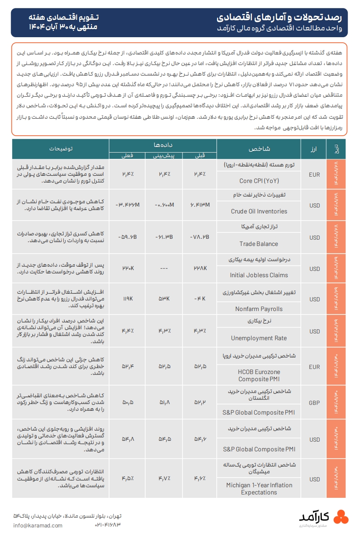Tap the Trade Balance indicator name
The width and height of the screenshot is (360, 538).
click(259, 244)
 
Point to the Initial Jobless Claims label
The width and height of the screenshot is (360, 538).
click(259, 275)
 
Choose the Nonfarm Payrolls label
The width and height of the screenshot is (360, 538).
click(259, 309)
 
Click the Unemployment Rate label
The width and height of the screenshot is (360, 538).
click(259, 338)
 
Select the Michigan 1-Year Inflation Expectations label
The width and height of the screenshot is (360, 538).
click(259, 489)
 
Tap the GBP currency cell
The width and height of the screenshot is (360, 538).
click(314, 402)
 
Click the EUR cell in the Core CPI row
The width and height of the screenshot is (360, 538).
click(314, 174)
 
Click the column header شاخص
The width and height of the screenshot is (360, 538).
click(259, 149)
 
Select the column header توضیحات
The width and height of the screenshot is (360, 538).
click(60, 149)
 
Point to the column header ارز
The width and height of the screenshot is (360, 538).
click(314, 149)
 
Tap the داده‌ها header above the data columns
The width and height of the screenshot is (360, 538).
click(163, 145)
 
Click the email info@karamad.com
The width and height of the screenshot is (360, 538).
click(38, 525)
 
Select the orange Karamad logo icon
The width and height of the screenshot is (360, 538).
click(341, 517)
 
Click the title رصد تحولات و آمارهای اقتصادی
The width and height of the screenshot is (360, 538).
click(282, 17)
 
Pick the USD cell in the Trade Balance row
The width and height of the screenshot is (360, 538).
click(314, 238)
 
